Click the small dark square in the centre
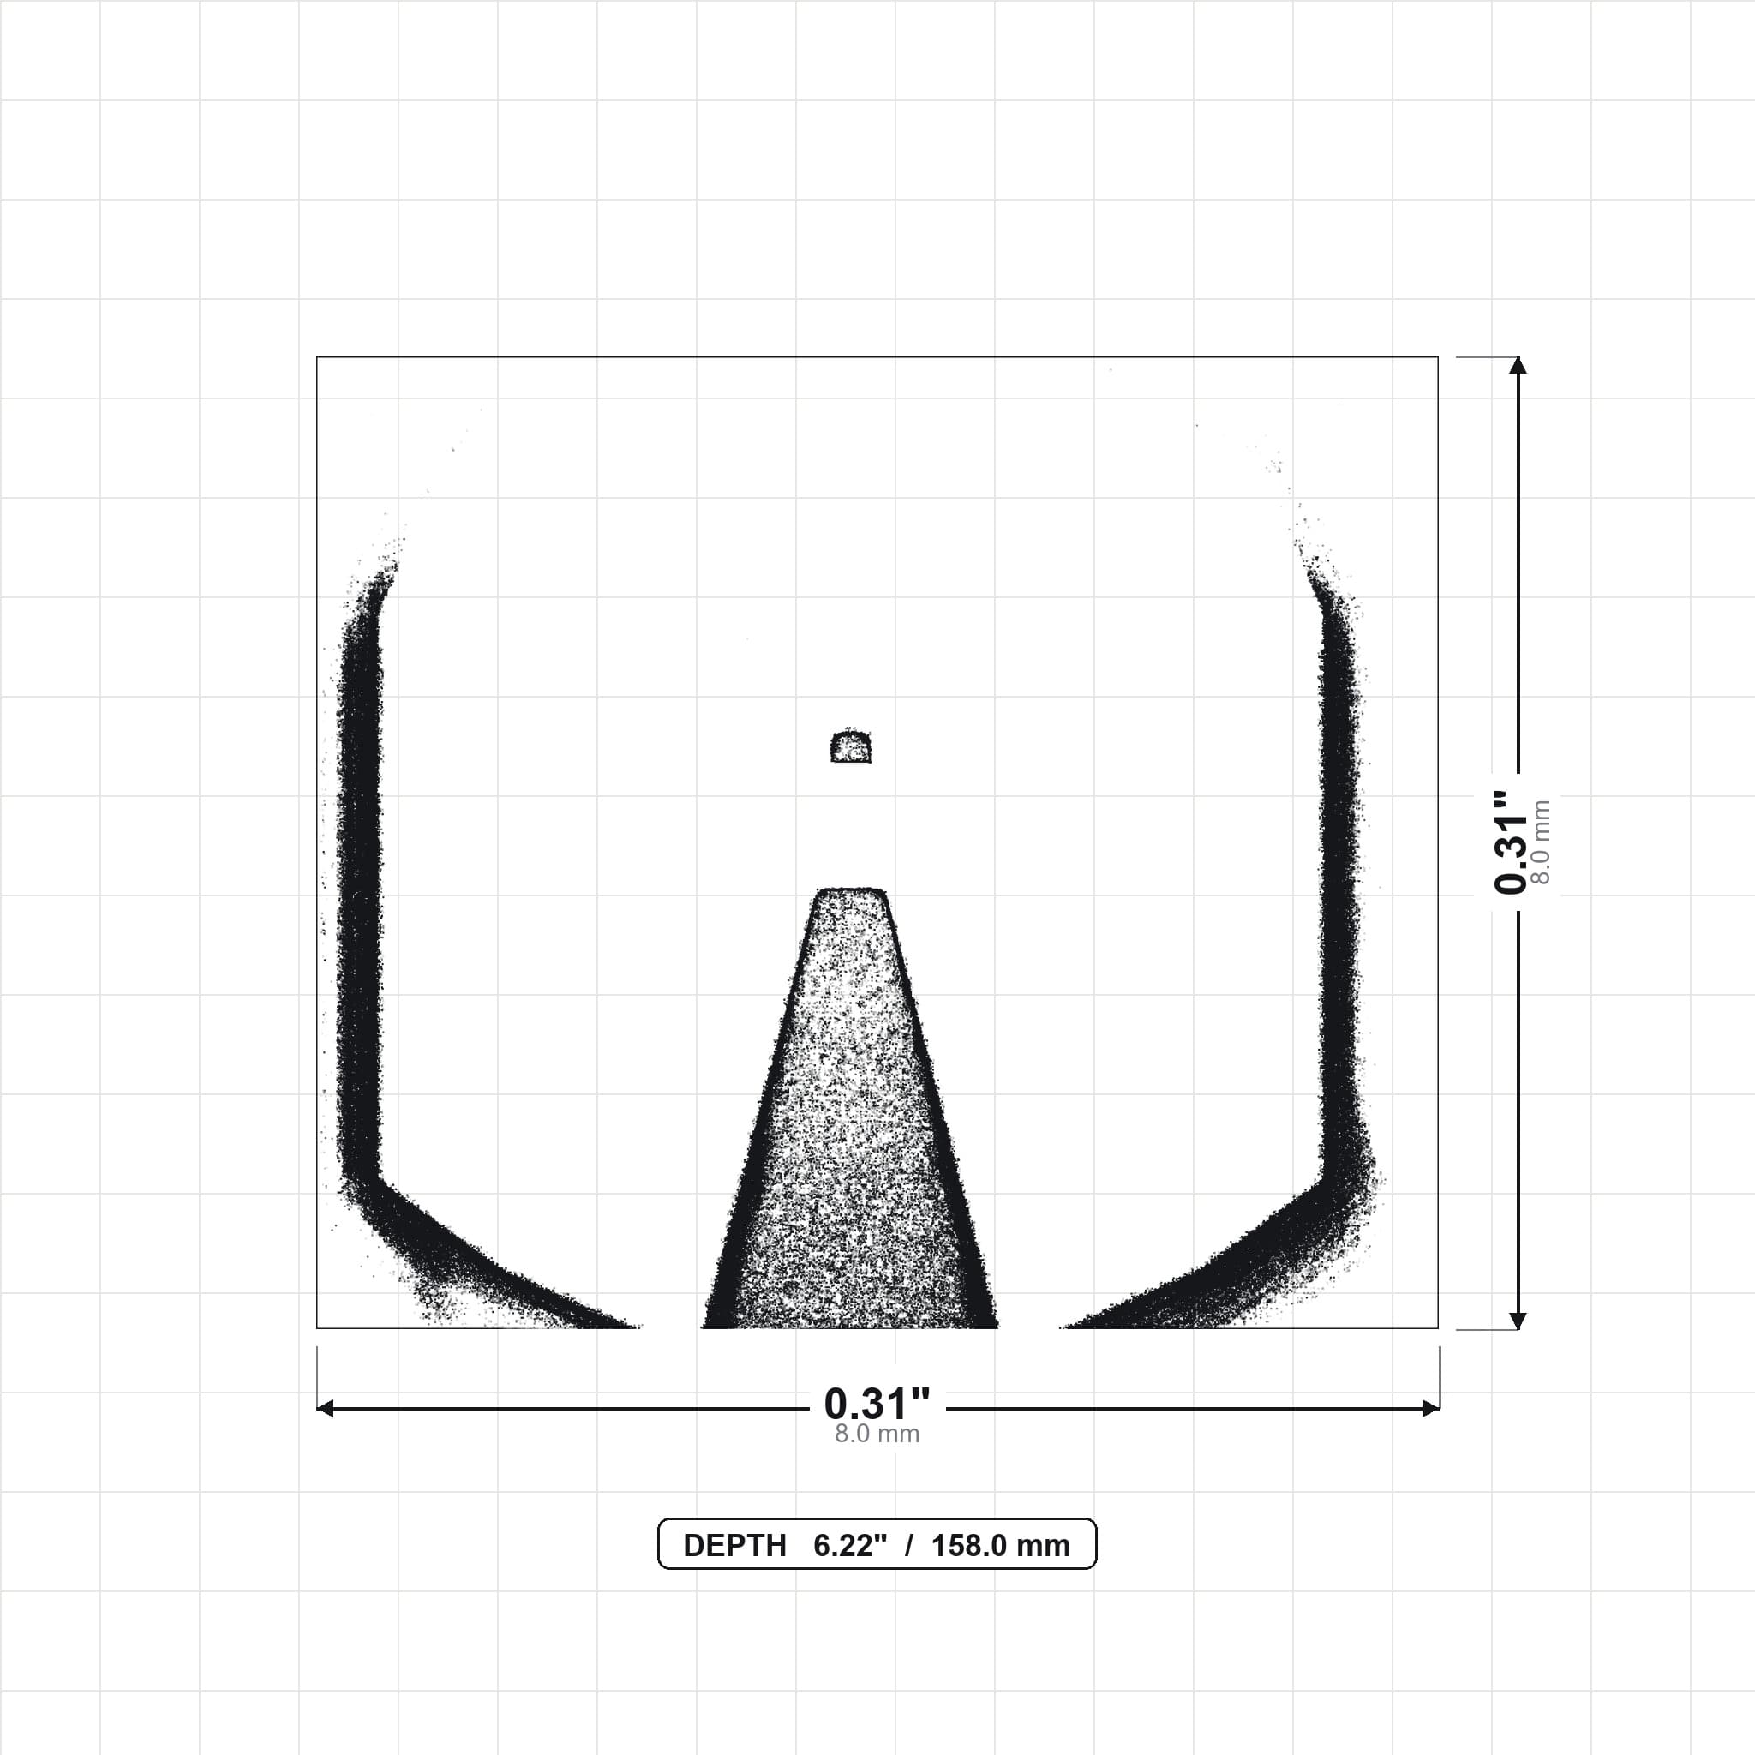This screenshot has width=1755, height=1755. coord(850,746)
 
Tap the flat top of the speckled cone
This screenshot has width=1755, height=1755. coord(850,890)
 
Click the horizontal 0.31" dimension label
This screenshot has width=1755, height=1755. coord(877,1404)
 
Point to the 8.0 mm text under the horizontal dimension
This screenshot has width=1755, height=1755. coord(877,1435)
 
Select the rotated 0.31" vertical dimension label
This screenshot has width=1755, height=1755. coord(1511,842)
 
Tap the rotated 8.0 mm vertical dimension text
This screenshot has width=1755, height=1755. coord(1541,842)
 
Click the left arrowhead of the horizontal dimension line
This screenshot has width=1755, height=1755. coord(324,1409)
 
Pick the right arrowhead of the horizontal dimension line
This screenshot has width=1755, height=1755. coord(1431,1409)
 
